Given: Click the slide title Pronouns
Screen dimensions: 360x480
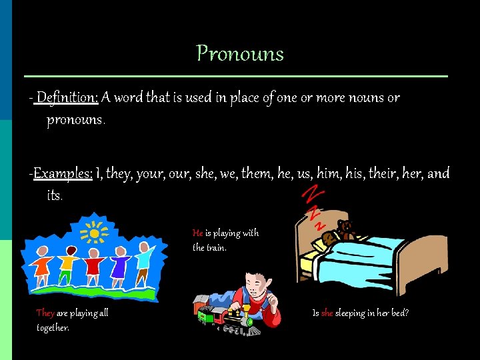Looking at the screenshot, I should pos(240,53).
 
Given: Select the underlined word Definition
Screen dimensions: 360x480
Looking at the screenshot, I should pos(67,98).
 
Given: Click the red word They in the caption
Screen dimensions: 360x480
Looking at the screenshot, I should pos(45,313).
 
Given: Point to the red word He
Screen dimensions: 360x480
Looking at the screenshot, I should pos(197,233).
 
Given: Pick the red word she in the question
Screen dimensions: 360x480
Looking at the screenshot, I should pos(327,313).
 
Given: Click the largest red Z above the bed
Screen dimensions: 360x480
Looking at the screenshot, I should pos(311,193).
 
